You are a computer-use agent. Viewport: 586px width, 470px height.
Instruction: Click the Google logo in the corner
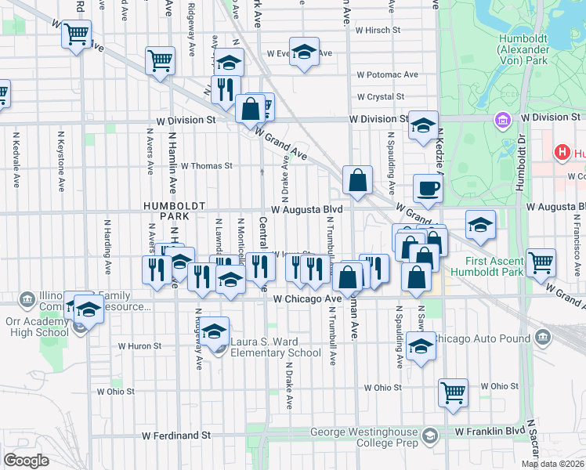(x=26, y=460)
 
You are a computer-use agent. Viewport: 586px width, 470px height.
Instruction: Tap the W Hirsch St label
(x=377, y=31)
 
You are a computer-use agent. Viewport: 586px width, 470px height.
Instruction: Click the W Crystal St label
(x=380, y=97)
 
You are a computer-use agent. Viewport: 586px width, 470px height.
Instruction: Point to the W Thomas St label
(x=207, y=166)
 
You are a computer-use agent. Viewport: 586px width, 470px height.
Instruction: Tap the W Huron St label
(x=139, y=345)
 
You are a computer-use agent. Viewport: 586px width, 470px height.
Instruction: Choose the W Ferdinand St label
(x=176, y=435)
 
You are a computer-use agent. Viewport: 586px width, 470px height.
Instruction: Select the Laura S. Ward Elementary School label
(x=276, y=347)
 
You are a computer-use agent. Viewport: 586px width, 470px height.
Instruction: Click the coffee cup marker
(x=429, y=188)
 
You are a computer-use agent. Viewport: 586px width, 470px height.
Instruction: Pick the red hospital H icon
(x=562, y=152)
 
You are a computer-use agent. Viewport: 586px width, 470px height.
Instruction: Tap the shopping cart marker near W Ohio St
(x=453, y=392)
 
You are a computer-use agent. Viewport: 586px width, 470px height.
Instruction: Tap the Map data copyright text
(x=552, y=464)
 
